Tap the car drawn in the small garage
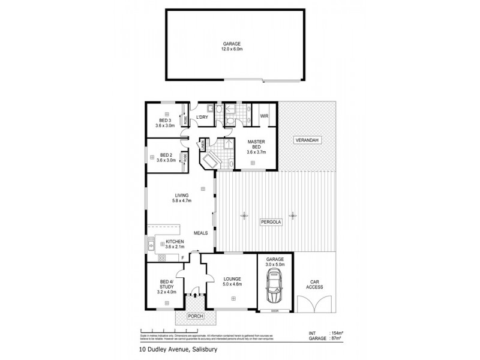click(275, 286)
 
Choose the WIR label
click(263, 116)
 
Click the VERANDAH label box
click(307, 140)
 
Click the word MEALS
click(201, 233)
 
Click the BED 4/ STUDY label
click(165, 286)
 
